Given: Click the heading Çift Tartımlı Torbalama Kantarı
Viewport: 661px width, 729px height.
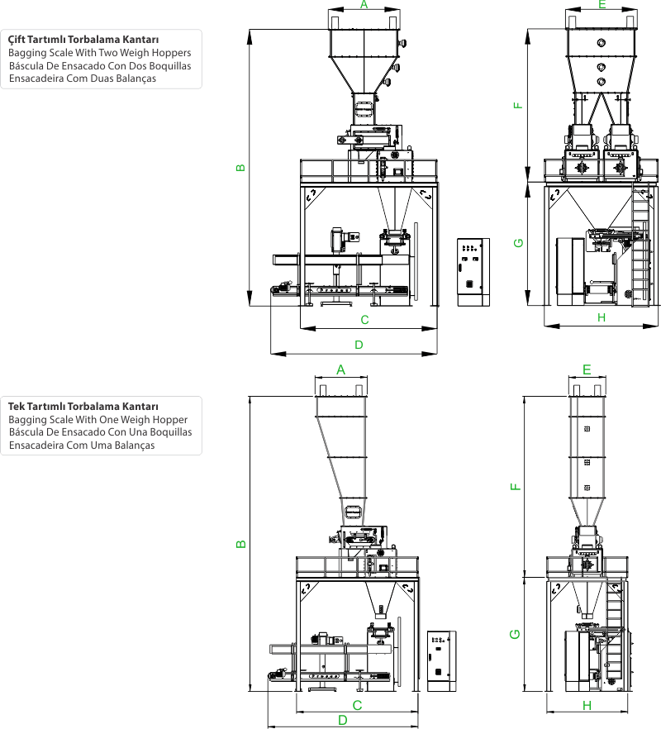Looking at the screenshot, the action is tap(83, 40).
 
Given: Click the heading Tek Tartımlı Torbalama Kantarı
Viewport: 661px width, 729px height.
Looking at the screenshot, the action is tap(83, 407).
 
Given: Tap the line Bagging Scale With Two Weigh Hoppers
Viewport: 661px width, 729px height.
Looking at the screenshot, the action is tap(99, 53).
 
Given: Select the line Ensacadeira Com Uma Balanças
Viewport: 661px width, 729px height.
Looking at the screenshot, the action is tap(82, 445).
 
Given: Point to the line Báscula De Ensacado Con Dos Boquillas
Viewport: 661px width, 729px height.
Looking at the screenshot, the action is tap(100, 66).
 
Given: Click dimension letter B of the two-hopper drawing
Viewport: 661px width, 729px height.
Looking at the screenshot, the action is tap(240, 168).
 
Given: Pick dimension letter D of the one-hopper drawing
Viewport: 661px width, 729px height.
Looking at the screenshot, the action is tap(343, 720).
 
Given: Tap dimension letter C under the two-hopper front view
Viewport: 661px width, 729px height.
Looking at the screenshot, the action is tap(364, 320).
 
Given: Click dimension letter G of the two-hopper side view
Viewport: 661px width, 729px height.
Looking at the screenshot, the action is tap(518, 243).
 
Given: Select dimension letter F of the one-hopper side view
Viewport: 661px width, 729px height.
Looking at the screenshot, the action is tap(516, 487).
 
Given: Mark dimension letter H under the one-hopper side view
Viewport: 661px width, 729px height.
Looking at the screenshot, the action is tap(587, 706).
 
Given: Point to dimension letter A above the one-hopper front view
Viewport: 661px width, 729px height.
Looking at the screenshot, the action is tap(340, 370).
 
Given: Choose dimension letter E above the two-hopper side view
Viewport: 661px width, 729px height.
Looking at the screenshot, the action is tap(602, 5).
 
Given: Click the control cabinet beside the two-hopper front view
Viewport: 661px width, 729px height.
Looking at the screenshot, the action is tap(473, 273).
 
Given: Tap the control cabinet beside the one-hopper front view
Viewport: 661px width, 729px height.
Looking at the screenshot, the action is tap(441, 661).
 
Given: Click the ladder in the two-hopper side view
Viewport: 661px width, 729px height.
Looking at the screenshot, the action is tap(641, 245).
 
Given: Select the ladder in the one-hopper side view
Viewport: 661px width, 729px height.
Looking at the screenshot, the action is tap(615, 634).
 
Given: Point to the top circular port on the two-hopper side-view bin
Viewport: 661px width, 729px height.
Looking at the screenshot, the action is tap(601, 43).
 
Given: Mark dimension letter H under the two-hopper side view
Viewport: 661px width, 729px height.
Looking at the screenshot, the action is tap(602, 317).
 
